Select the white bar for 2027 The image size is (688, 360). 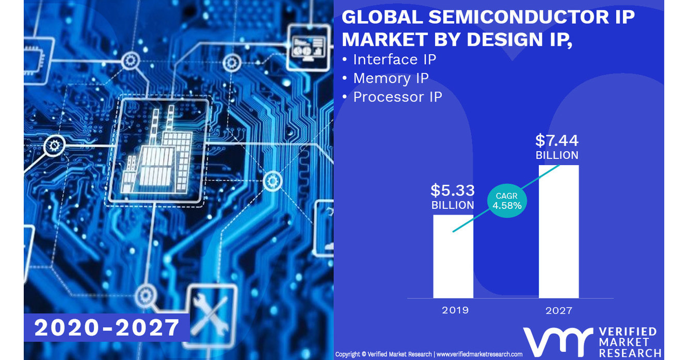click(x=558, y=232)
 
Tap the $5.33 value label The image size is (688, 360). click(x=453, y=190)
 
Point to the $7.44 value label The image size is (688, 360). click(x=557, y=140)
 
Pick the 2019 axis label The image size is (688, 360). click(x=455, y=310)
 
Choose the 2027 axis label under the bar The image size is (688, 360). click(x=558, y=310)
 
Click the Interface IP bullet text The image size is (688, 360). click(x=394, y=59)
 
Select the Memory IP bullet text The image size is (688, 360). click(x=391, y=78)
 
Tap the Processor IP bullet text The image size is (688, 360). click(x=397, y=96)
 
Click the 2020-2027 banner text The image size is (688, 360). click(x=107, y=328)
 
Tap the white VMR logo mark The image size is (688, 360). click(x=557, y=342)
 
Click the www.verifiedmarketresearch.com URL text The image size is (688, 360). click(x=479, y=354)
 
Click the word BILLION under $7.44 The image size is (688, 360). click(x=557, y=155)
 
